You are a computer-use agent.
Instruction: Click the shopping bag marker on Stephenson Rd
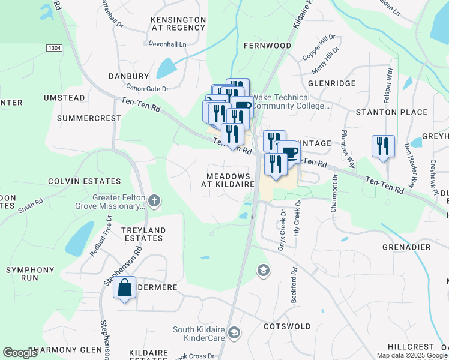[x=124, y=289]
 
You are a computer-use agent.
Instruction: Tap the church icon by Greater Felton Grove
[x=154, y=200]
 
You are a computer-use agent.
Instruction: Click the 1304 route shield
[x=55, y=47]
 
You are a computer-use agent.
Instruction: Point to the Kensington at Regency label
[x=178, y=23]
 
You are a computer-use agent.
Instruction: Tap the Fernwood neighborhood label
[x=267, y=46]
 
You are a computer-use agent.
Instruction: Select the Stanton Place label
[x=391, y=112]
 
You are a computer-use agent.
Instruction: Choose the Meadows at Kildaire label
[x=231, y=179]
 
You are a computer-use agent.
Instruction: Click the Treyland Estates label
[x=143, y=234]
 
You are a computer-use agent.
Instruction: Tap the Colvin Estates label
[x=84, y=181]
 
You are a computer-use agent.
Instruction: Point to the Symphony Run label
[x=30, y=274]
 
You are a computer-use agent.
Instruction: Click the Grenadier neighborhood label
[x=406, y=247]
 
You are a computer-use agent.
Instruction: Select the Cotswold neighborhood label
[x=287, y=326]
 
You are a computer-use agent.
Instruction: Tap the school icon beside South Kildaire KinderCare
[x=234, y=332]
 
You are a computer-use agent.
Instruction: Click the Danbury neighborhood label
[x=128, y=76]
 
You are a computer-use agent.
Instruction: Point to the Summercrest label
[x=89, y=118]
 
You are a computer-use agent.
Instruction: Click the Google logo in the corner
[x=20, y=353]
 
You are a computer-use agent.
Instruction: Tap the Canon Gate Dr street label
[x=148, y=88]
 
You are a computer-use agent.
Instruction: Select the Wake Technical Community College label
[x=291, y=101]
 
